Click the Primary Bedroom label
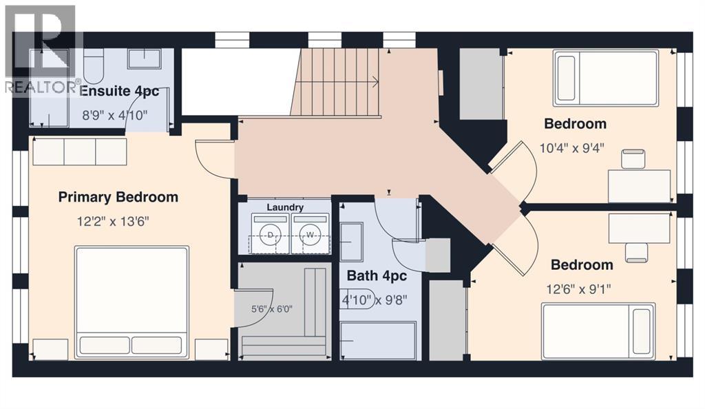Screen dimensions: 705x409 pos(118,197)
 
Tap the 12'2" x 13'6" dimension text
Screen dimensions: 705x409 pos(113,221)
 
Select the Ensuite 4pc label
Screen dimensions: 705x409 pos(119,92)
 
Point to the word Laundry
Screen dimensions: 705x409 pos(285,207)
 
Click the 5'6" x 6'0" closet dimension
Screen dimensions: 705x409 pos(271,309)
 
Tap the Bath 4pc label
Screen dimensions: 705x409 pos(377,275)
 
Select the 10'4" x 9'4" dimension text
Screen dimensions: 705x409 pos(572,148)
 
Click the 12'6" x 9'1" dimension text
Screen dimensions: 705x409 pos(578,289)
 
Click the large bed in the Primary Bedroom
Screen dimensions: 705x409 pos(132,302)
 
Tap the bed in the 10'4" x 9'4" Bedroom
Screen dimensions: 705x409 pos(606,78)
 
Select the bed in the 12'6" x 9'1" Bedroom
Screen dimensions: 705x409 pos(598,331)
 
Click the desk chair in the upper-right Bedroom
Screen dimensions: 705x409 pos(633,159)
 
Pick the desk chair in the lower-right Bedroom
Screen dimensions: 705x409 pos(637,252)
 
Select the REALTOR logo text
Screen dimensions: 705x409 pos(41,87)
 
